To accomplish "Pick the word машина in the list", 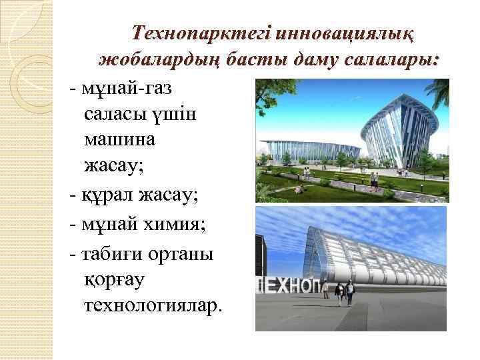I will pos(120,141).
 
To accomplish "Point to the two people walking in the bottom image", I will pos(345,292).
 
